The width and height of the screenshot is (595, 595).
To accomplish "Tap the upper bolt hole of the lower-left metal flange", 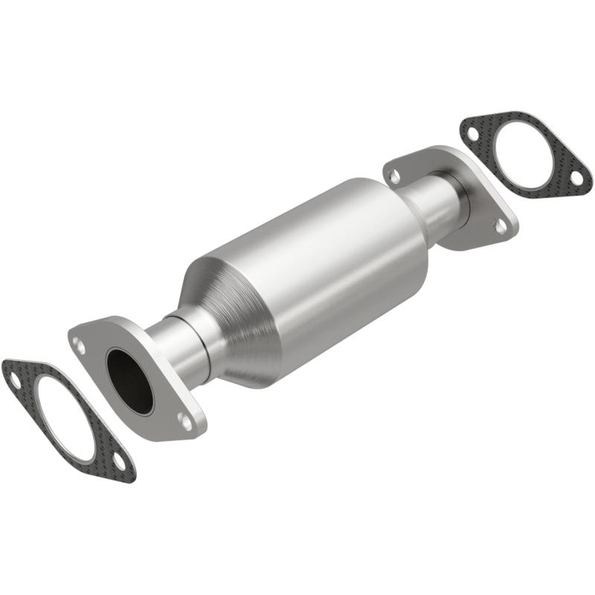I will pos(79,343).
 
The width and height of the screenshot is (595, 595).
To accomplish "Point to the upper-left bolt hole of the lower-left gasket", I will pos(14,377).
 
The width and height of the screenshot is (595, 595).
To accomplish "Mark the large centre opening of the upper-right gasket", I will pos(524,152).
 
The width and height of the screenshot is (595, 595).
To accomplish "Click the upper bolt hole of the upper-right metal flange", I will pos(395,176).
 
